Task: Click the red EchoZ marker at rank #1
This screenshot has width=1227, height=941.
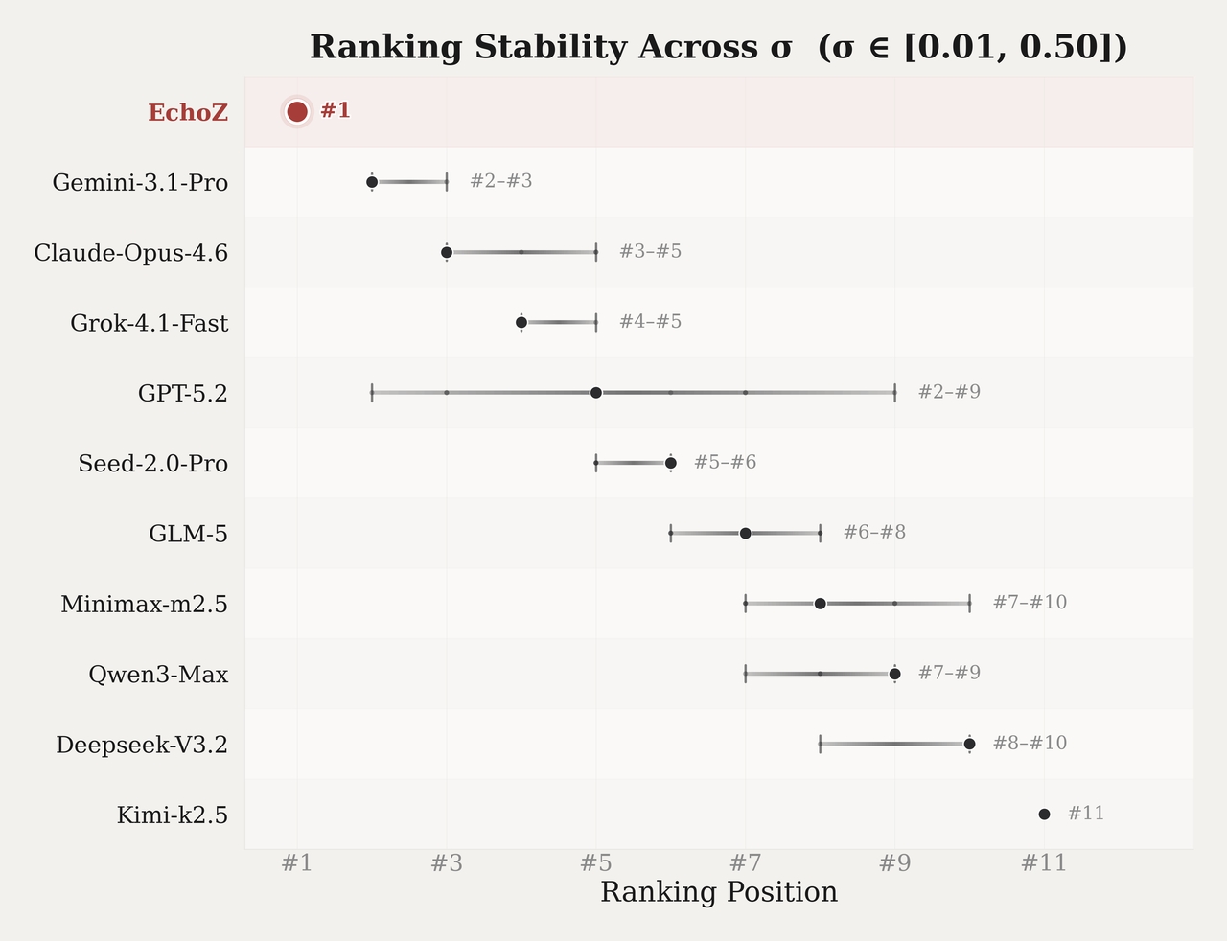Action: coord(297,112)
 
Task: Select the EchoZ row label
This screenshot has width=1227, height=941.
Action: coord(188,113)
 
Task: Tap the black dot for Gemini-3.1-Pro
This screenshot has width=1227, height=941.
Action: coord(372,182)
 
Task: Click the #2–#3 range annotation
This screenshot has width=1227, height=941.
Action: coord(500,181)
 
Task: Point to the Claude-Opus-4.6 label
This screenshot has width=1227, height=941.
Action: coord(130,253)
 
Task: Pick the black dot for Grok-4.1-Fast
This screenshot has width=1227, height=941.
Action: coord(521,322)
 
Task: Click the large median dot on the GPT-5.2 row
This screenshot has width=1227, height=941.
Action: coord(596,393)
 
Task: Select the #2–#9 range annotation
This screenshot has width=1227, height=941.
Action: coord(949,392)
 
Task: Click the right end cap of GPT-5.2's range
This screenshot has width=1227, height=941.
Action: coord(894,393)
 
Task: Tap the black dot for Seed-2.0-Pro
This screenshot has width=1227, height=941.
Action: coord(671,463)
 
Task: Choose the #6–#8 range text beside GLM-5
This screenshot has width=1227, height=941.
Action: coord(874,533)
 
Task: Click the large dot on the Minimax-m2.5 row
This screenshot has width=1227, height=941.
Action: coord(820,604)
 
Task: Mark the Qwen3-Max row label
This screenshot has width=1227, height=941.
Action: coord(158,675)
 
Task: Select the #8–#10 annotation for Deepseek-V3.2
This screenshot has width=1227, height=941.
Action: coord(1030,744)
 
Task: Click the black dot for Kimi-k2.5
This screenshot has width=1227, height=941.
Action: coord(1044,814)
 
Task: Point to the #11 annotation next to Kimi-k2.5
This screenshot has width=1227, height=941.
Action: coord(1085,814)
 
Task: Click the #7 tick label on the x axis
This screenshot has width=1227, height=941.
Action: coord(745,863)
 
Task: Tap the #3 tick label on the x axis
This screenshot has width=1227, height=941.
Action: coord(446,863)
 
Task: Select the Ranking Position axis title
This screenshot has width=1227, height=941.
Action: coord(719,893)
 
